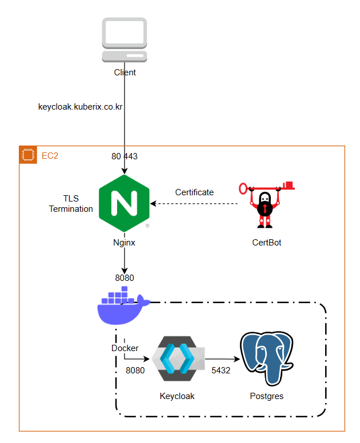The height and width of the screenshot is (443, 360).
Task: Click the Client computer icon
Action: (124, 39)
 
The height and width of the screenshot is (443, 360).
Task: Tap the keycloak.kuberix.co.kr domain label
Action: (81, 107)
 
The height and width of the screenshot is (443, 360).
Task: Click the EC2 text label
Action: (50, 155)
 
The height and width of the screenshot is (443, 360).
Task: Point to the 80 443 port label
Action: (124, 156)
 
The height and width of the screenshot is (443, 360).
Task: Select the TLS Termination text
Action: (71, 204)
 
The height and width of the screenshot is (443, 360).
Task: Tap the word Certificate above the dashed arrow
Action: (194, 192)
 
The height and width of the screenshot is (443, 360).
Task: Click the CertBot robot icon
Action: (266, 206)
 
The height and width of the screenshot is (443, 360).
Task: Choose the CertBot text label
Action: (266, 243)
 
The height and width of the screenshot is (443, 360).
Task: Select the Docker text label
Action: (125, 348)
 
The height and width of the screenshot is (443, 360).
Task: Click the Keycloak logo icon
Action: (177, 358)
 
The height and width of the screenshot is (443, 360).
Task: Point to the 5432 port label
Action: (221, 370)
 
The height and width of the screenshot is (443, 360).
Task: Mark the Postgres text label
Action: (266, 396)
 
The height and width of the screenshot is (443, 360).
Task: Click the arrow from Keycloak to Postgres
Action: (221, 359)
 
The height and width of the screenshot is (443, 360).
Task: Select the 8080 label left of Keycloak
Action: (135, 370)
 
